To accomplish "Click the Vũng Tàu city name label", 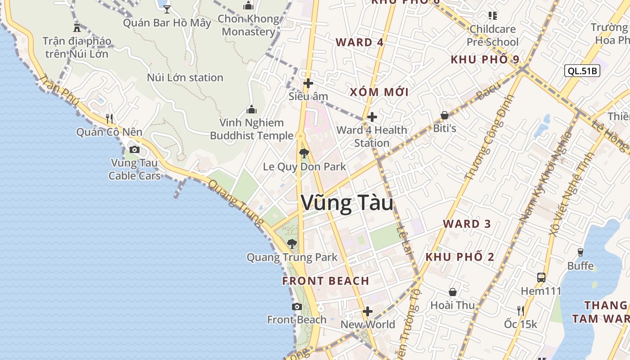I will (347, 203).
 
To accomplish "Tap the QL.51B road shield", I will (582, 71).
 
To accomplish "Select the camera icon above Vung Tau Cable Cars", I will (135, 149).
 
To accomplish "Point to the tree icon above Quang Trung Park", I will (292, 244).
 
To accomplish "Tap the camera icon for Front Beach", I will (297, 306).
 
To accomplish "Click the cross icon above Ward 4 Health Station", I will (372, 117).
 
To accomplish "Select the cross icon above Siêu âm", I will (308, 83).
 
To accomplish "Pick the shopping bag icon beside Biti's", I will (445, 115).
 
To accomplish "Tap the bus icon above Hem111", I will (541, 277).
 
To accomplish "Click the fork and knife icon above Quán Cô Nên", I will (109, 119).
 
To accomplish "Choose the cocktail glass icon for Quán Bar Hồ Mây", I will (167, 9).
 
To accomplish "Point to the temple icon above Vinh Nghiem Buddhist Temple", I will (252, 109).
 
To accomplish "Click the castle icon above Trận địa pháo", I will (77, 27).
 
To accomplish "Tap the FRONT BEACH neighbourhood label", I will (326, 281).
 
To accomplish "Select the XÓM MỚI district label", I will (379, 92).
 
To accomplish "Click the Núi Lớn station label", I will (185, 77).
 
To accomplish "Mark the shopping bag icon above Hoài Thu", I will (453, 292).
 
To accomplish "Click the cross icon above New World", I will (368, 311).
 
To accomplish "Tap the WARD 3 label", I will (467, 224).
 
